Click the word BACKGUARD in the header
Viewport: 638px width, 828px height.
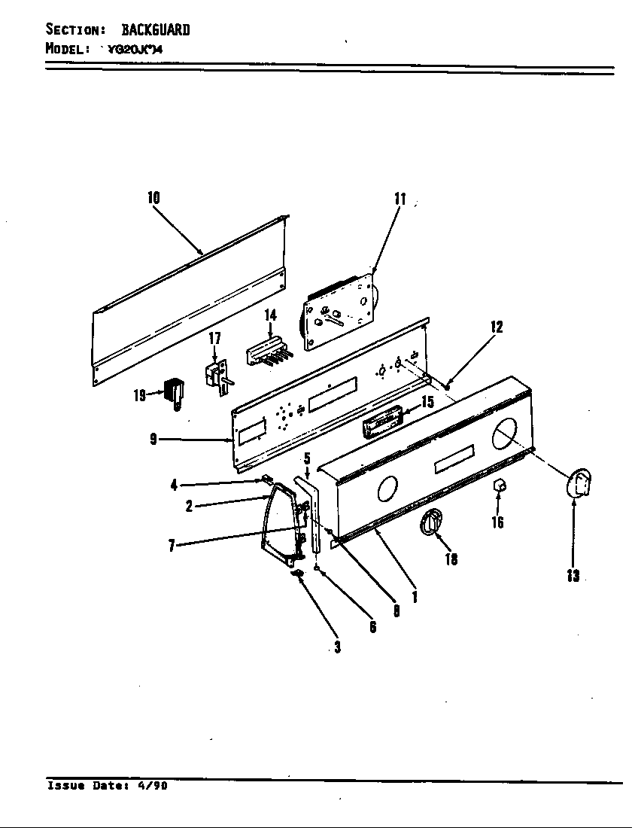pyautogui.click(x=156, y=30)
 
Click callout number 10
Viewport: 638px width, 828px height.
pyautogui.click(x=153, y=198)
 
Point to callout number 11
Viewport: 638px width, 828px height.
pyautogui.click(x=400, y=199)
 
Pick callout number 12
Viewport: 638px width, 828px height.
pyautogui.click(x=496, y=327)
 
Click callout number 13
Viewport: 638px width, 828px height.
pyautogui.click(x=573, y=577)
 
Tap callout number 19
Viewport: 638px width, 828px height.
pyautogui.click(x=140, y=395)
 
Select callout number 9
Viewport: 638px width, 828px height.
pyautogui.click(x=153, y=440)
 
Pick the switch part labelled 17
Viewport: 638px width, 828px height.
pyautogui.click(x=216, y=376)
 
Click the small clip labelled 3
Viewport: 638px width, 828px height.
pyautogui.click(x=297, y=574)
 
